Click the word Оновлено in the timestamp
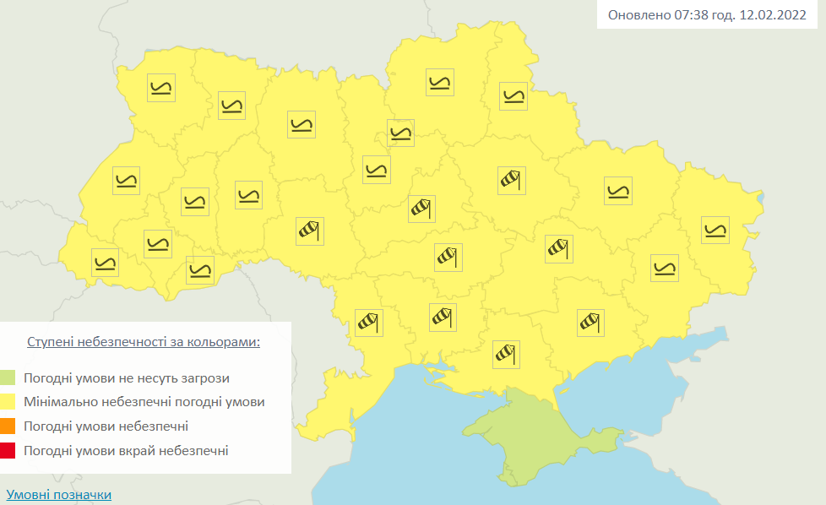pos(638,14)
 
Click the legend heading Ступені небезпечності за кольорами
pos(143,342)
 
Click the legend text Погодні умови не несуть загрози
pos(127,378)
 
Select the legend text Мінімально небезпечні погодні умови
pos(144,402)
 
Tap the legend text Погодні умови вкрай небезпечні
pos(126,450)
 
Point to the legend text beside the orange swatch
pos(106,426)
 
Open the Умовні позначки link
pos(58,494)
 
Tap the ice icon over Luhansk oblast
pos(715,230)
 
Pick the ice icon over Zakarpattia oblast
pos(106,263)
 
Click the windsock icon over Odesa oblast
pos(368,322)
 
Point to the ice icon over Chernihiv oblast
pos(440,83)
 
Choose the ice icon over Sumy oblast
pos(513,96)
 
